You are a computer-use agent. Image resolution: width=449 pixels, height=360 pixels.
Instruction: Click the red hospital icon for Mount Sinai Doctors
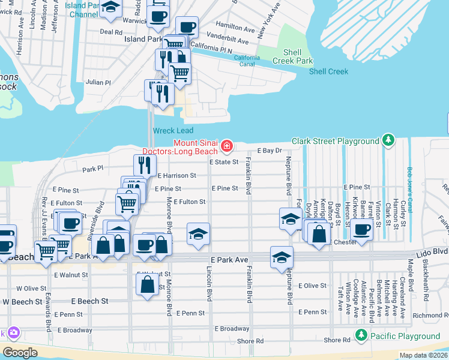pos(227,146)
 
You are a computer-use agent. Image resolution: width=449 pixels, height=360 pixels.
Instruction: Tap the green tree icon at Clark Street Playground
pos(388,141)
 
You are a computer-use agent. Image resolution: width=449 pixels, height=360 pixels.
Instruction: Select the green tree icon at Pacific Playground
pos(361,335)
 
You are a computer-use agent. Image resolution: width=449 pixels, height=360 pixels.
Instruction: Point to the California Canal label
pos(247,61)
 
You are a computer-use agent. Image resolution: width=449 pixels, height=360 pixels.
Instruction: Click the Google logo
pos(20,353)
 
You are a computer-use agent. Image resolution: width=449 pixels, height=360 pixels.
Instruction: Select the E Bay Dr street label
pos(270,151)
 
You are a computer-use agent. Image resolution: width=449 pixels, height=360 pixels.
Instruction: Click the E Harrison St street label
pos(177,175)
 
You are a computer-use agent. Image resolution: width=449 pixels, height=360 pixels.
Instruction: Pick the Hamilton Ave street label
pos(235,28)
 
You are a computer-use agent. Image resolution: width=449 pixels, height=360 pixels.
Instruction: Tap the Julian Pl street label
pos(98,82)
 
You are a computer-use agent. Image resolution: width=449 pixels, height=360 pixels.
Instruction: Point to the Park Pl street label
pos(93,169)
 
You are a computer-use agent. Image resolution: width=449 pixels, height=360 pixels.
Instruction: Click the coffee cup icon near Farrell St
pos(362,230)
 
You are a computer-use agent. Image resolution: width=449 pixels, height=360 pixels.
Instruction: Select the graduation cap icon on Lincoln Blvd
pos(198,233)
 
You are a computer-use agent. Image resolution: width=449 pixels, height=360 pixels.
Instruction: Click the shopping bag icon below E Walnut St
pos(148,285)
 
